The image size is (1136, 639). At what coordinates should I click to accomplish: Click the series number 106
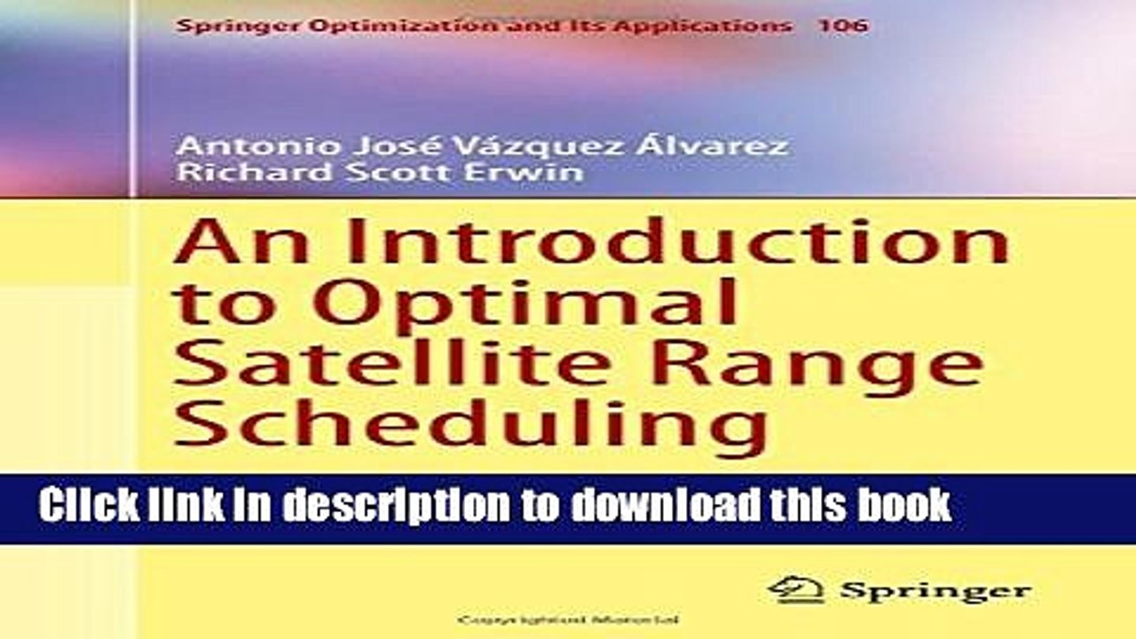842,26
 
